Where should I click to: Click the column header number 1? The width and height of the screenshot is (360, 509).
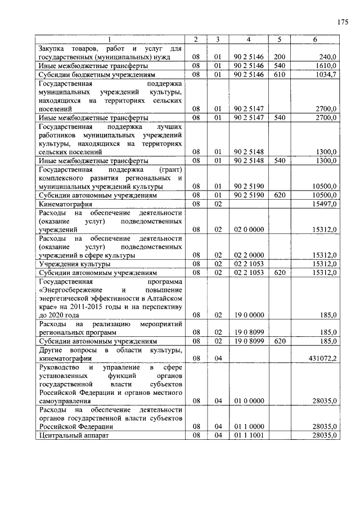pyautogui.click(x=110, y=39)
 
